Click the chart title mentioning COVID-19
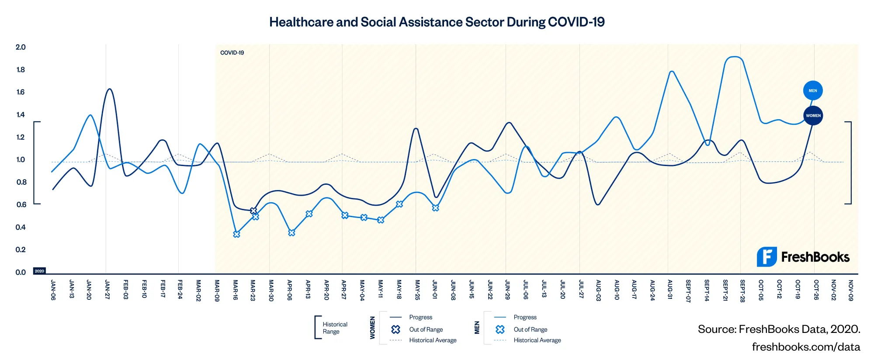pos(437,22)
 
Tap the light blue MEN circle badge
pos(813,90)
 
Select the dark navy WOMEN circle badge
pos(813,115)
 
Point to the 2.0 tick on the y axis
pos(21,47)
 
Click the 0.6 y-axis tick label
pos(21,204)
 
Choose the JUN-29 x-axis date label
pos(507,290)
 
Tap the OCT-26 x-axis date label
pos(816,290)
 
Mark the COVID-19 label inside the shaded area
pos(232,53)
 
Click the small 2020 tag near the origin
pos(39,271)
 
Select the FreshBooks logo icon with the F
pos(766,257)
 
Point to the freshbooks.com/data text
pos(806,347)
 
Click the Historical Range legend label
pos(335,328)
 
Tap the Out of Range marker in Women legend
pos(396,329)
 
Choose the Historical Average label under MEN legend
pos(537,340)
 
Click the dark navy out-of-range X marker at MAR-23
pos(253,211)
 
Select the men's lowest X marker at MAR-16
pos(236,234)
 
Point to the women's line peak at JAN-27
pos(109,89)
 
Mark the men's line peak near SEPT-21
pos(734,57)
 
